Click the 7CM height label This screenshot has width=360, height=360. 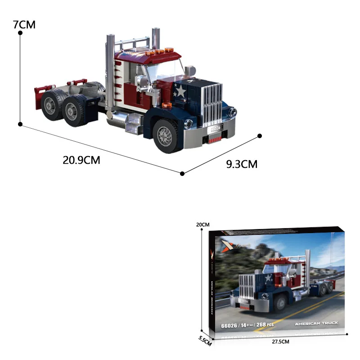point(24,24)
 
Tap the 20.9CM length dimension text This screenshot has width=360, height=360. point(81,160)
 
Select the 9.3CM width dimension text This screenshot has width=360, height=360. point(242,164)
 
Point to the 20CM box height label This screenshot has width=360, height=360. point(203,225)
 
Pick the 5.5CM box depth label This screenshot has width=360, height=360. point(204,342)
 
